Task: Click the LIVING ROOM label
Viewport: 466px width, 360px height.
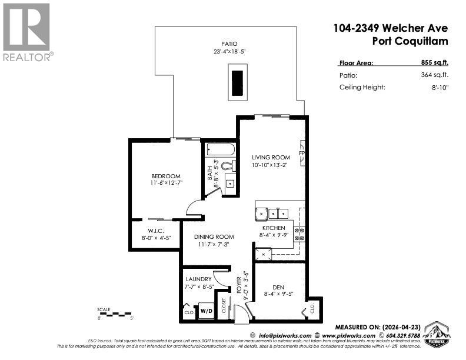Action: (x=271, y=157)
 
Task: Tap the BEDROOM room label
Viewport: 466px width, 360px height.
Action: (x=165, y=176)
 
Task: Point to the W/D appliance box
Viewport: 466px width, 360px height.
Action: (x=206, y=311)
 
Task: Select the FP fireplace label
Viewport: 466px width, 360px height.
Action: (x=302, y=154)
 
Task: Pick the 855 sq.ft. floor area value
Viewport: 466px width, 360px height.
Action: (x=435, y=62)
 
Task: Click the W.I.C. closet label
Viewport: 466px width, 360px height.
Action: (x=155, y=231)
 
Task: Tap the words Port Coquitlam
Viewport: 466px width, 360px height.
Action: (x=410, y=41)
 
